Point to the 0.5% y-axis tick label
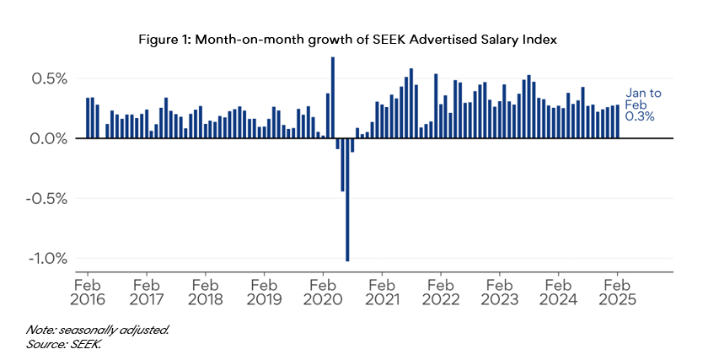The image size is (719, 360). pos(49,78)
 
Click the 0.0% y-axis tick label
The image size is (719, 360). pos(49,138)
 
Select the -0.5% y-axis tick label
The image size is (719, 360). pos(47,199)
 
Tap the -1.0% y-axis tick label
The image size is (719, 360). pos(47,259)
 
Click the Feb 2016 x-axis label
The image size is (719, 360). pos(88,291)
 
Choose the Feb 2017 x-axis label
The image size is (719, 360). pos(147,291)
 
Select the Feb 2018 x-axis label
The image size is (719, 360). pos(206,291)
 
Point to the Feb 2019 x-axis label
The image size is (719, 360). pos(265,291)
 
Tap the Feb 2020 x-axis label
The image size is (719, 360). pos(324,291)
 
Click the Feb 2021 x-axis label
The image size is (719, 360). pos(382,291)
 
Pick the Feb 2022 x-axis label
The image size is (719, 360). pos(441,291)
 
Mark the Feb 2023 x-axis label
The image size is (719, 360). pos(500,291)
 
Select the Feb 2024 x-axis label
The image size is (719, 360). pos(559,291)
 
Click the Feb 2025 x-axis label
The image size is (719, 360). pos(618,291)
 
